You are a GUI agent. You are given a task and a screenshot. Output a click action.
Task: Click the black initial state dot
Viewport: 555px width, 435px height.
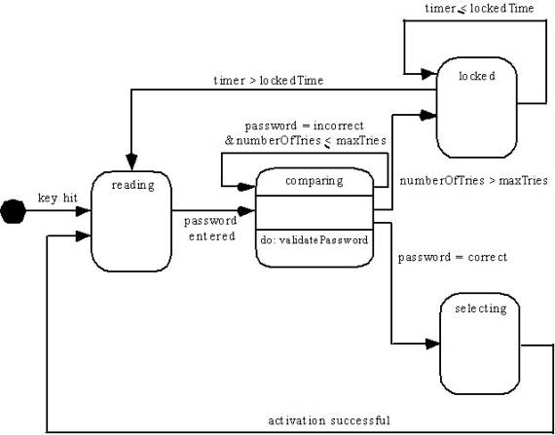[13, 211]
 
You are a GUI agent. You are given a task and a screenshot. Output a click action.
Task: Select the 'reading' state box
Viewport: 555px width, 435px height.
[131, 221]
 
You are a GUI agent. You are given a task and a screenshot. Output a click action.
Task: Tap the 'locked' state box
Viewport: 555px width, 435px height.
[476, 107]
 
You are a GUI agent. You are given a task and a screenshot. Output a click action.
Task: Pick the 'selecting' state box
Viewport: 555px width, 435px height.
[480, 344]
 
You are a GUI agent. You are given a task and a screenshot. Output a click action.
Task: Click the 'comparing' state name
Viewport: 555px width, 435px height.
[314, 181]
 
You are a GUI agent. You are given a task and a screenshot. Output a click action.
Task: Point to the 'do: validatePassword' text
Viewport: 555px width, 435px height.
[314, 240]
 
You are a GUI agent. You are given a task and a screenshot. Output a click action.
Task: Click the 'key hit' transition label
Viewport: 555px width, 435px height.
[57, 199]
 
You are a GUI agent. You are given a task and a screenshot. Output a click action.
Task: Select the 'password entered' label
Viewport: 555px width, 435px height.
[210, 229]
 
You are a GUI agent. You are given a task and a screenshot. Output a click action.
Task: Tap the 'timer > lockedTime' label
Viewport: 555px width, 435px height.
[269, 81]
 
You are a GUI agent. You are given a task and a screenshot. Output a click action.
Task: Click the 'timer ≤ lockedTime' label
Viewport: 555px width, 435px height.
[479, 9]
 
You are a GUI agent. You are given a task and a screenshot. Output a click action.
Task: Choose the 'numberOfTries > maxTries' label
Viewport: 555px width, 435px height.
[474, 181]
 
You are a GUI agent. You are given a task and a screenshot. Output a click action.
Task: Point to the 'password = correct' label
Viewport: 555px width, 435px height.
[453, 257]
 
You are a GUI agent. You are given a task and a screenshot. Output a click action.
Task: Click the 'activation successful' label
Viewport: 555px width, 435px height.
[329, 420]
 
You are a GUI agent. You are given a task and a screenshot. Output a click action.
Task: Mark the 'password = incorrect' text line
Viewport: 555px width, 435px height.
[305, 126]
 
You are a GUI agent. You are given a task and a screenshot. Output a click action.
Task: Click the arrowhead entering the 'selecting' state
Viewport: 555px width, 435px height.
[432, 344]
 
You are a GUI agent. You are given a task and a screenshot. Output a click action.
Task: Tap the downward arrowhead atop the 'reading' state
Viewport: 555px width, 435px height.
[131, 162]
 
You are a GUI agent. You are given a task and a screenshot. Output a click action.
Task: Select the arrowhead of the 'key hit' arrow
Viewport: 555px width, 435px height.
[84, 211]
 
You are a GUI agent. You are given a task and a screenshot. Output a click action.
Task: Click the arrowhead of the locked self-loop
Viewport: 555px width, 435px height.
[429, 74]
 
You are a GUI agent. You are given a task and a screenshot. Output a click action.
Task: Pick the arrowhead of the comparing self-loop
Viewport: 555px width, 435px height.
[246, 187]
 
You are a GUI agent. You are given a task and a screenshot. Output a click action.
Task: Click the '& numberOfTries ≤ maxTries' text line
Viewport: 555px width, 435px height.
[305, 141]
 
